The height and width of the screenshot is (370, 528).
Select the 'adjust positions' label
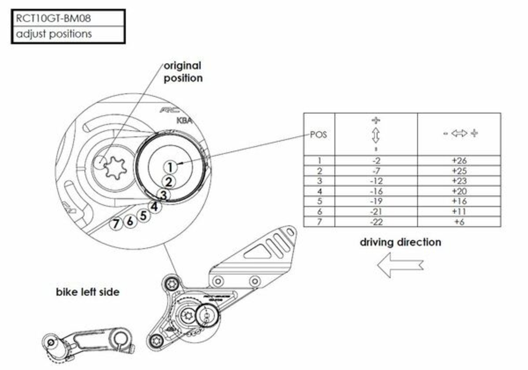(x=54, y=34)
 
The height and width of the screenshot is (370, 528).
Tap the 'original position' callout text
(x=183, y=72)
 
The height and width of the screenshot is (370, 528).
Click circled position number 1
(x=170, y=167)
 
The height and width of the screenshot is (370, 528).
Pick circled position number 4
(x=154, y=207)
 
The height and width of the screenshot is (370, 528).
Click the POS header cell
(x=319, y=134)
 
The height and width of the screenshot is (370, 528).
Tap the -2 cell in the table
(x=376, y=161)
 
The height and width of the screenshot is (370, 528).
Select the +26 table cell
(x=459, y=161)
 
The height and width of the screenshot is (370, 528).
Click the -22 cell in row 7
(x=376, y=222)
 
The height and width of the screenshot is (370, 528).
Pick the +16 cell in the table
(x=459, y=201)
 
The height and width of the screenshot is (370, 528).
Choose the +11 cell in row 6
(x=459, y=211)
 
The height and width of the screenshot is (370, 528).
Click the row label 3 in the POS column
(x=319, y=181)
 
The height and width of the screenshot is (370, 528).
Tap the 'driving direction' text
(x=400, y=242)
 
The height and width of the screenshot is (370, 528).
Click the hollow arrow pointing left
(x=400, y=265)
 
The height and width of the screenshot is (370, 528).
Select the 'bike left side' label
(x=88, y=292)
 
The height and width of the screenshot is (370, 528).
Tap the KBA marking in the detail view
(x=184, y=121)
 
